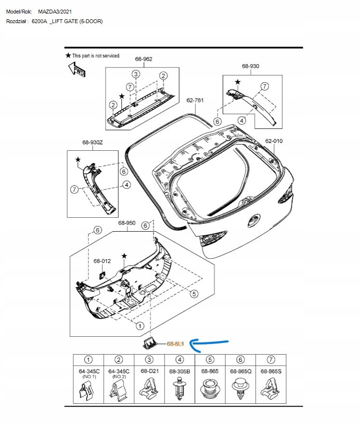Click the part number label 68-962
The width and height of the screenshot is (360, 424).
[143, 59]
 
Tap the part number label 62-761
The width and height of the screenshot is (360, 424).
[195, 100]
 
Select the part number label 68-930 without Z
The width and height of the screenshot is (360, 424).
[250, 66]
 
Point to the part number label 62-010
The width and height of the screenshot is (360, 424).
[274, 141]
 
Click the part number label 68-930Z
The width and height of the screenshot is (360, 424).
[93, 143]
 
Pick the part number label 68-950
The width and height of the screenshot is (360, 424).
[127, 223]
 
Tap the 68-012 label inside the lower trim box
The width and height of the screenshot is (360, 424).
[102, 261]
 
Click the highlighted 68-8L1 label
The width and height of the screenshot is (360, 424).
[176, 344]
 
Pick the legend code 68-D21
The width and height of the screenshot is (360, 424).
[149, 371]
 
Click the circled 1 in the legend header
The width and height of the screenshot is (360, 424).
[89, 359]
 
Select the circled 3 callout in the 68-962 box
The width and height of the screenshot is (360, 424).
[136, 74]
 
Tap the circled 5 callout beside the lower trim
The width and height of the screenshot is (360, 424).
[194, 293]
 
